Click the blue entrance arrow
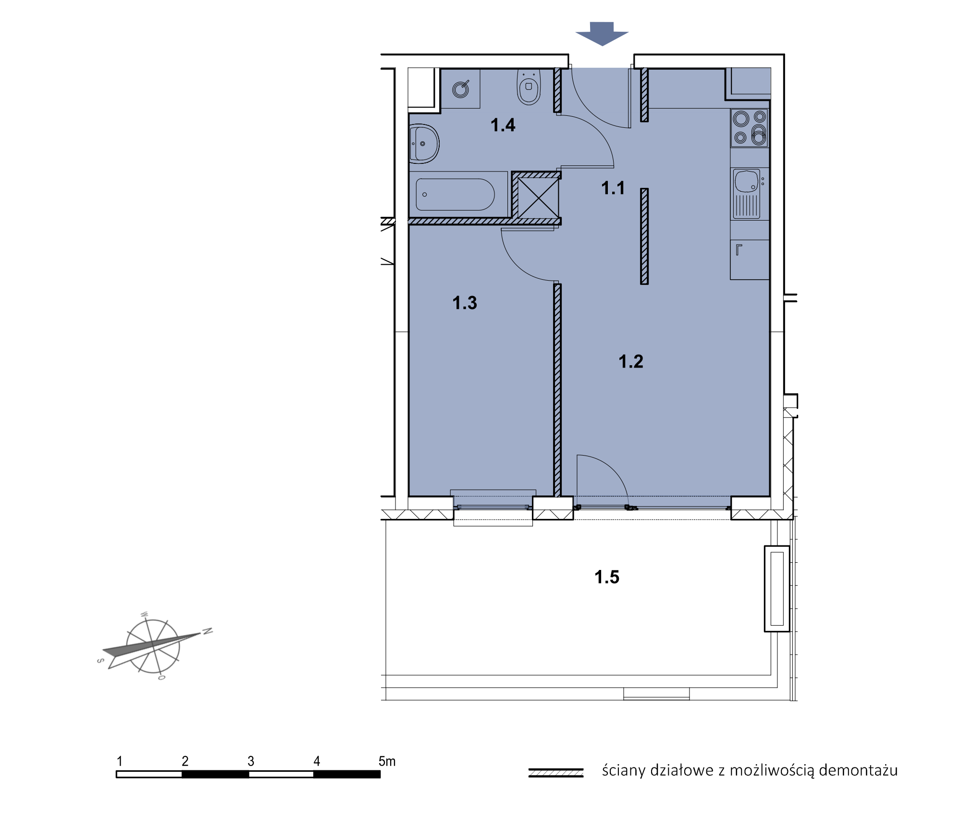point(602,34)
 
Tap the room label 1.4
point(503,125)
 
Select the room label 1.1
point(613,188)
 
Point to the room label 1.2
point(631,361)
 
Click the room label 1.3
point(465,303)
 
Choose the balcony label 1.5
point(607,577)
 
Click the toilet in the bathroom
point(529,87)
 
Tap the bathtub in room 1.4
point(455,195)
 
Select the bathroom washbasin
point(424,144)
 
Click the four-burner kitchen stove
point(750,128)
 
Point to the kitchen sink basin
point(747,181)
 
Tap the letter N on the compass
point(208,631)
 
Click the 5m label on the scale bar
point(387,761)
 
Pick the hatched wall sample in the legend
point(556,772)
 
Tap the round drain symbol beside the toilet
point(461,89)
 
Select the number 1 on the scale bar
point(120,761)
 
